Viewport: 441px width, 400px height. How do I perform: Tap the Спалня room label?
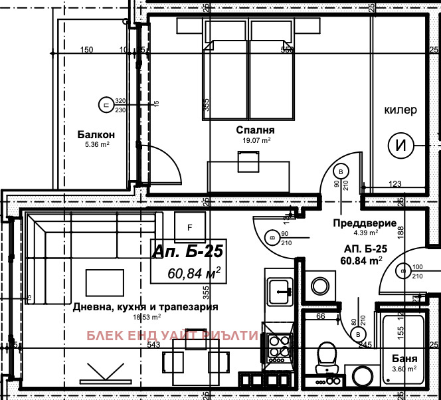(255, 130)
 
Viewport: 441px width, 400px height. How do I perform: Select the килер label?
(402, 110)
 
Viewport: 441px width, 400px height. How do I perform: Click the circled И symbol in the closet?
(402, 146)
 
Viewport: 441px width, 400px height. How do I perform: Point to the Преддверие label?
(366, 223)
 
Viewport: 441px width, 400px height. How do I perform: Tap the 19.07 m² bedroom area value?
(255, 140)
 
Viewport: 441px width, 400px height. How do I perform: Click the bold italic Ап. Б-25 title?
(186, 251)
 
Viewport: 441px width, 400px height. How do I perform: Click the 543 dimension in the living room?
(154, 344)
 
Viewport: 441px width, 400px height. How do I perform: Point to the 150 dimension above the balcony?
(86, 50)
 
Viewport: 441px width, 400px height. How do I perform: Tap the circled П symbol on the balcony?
(104, 104)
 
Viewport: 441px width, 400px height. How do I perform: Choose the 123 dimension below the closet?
(396, 184)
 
